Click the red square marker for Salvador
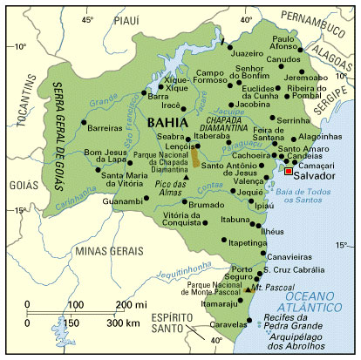tap(289, 173)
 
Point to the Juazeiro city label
tap(248, 52)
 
